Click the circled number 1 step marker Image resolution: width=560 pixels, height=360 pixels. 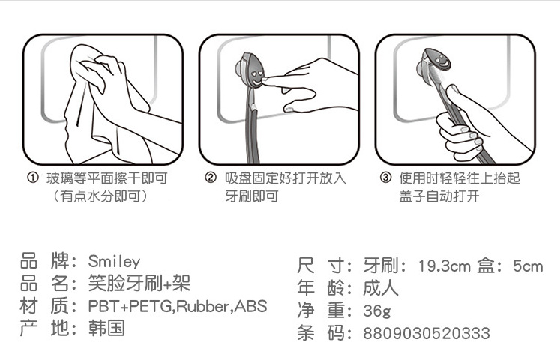pos(33,178)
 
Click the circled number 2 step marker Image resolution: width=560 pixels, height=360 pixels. pos(211,178)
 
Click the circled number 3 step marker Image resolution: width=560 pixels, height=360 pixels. pos(385,178)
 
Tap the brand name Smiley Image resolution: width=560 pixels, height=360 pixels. pos(114,262)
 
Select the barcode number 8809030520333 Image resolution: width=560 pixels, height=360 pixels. pos(427,333)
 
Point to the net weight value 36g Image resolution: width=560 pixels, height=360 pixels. pos(377,310)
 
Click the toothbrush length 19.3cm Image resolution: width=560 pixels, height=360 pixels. pos(445,266)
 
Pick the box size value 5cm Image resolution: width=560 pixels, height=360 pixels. pos(529,266)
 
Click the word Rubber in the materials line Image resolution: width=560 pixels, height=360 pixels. pos(202,306)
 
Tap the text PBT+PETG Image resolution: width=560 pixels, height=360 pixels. pos(130,306)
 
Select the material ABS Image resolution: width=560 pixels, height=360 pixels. pos(250,306)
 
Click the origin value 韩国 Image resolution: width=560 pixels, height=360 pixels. pos(106,328)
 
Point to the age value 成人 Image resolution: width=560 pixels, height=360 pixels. pos(381,288)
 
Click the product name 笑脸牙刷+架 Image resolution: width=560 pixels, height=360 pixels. pos(139,283)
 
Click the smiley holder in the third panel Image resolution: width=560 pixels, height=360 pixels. pos(433,62)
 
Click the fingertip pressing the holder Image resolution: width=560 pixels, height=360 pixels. pos(267,81)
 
